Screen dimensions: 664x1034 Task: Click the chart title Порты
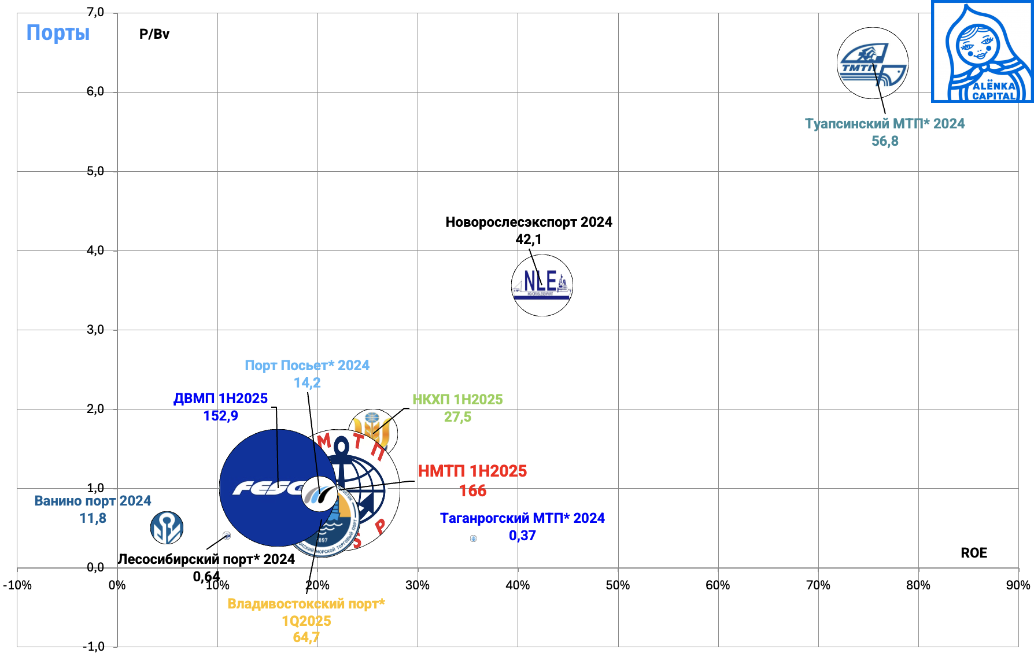tap(58, 33)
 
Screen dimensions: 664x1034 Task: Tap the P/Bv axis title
tap(154, 34)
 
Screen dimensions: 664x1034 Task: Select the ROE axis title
tap(974, 553)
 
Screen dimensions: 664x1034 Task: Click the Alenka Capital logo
tap(983, 52)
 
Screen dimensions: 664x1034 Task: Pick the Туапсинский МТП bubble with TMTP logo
tap(872, 62)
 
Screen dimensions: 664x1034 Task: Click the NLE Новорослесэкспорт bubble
tap(542, 285)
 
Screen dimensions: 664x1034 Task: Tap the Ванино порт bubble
tap(167, 527)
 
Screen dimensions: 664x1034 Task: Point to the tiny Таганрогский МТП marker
tap(474, 538)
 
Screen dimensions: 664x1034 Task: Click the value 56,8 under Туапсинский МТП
tap(885, 141)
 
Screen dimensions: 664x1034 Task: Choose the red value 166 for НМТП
tap(472, 491)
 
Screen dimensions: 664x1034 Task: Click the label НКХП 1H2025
tap(457, 400)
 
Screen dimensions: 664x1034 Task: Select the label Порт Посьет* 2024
tap(307, 366)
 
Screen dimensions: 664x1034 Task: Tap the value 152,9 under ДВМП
tap(220, 416)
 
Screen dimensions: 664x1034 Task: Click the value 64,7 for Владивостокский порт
tap(306, 637)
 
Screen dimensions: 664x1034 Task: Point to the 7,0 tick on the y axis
tap(95, 12)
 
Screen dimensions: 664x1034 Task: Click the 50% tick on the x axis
tap(618, 585)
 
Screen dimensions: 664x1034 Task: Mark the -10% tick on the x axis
tap(17, 585)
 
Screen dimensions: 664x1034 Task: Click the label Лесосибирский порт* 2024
tap(206, 559)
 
